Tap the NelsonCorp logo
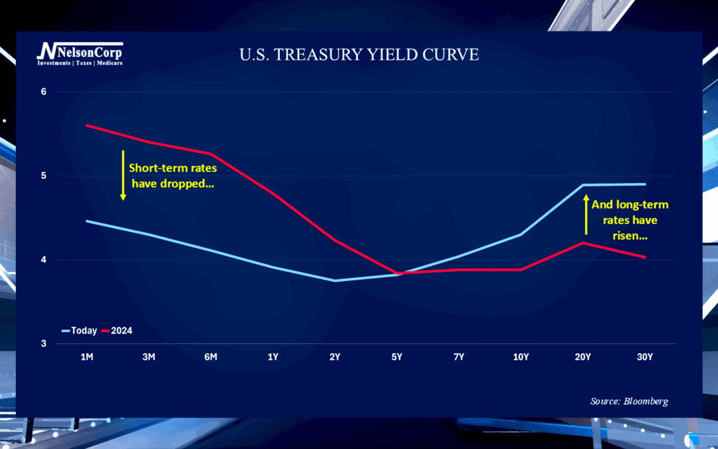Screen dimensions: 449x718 (80, 53)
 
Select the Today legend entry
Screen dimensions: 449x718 (79, 331)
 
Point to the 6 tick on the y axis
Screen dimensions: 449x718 (44, 91)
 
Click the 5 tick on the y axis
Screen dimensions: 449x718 (44, 176)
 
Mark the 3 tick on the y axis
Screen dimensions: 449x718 (44, 343)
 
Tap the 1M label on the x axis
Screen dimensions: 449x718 (86, 357)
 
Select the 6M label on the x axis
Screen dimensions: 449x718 (211, 357)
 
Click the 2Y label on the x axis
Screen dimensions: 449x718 (334, 357)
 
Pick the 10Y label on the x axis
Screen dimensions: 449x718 (521, 357)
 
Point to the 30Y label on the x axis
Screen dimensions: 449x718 (645, 357)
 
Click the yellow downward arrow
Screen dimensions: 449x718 (123, 175)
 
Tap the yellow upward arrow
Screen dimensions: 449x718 (586, 214)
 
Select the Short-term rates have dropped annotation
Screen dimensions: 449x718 (173, 176)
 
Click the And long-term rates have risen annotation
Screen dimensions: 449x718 (630, 220)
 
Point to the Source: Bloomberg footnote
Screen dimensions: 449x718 (629, 401)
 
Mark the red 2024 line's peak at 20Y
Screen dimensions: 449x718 (583, 243)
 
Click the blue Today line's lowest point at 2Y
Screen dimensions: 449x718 (335, 280)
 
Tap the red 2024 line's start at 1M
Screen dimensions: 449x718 (87, 125)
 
